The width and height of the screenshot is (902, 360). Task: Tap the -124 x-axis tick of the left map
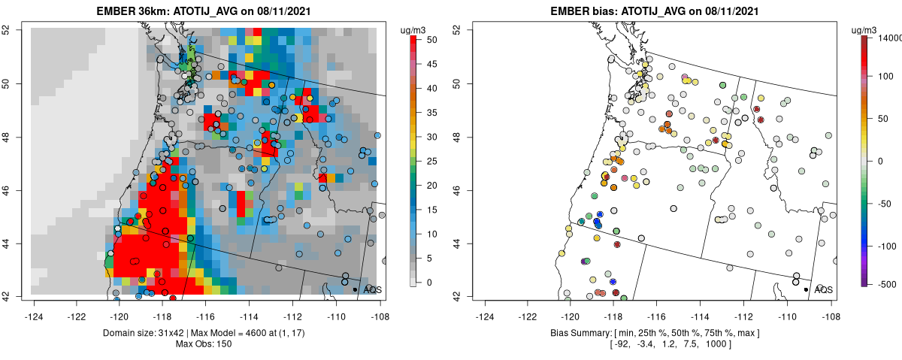pyautogui.click(x=34, y=308)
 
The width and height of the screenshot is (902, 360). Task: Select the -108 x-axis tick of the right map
pyautogui.click(x=830, y=308)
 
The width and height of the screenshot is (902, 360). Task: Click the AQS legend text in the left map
pyautogui.click(x=373, y=289)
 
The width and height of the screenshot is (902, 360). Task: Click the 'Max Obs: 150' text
pyautogui.click(x=204, y=344)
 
